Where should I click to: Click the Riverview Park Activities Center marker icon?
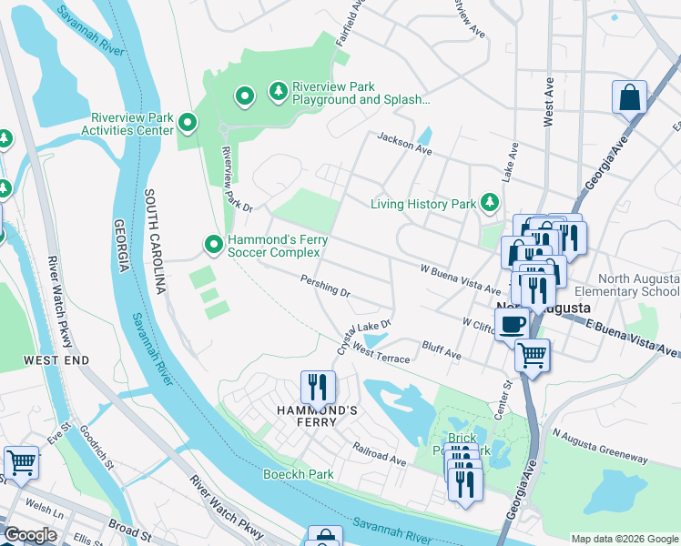pos(188,122)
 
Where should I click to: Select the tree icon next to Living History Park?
pos(491,201)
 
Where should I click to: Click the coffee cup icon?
pos(512,323)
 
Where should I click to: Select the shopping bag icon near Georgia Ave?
pos(629,96)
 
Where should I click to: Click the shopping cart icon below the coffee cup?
pos(532,354)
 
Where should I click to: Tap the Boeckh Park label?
pos(299,474)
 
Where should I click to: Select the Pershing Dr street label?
pos(325,288)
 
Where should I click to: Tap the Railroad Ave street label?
pos(380,455)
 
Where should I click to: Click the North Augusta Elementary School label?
pos(638,285)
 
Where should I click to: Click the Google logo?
pos(30,535)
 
